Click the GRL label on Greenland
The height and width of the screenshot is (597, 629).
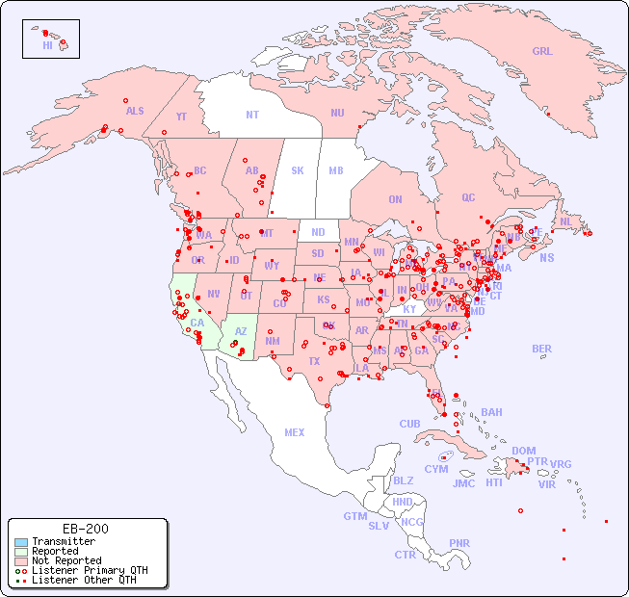pos(542,52)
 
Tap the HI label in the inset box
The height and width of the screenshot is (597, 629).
pos(47,45)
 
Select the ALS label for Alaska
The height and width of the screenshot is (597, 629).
pos(135,111)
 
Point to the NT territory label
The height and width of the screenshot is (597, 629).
pos(252,115)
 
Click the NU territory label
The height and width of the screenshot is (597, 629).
pos(337,113)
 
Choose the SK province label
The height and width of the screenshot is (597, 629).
pos(298,170)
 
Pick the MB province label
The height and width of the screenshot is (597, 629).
pos(336,170)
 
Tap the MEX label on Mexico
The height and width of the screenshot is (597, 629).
pos(295,432)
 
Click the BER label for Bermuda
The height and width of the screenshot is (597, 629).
pos(542,349)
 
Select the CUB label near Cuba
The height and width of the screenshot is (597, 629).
pos(409,424)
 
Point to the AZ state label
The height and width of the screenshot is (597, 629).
pos(241,331)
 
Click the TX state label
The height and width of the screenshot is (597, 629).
pos(314,361)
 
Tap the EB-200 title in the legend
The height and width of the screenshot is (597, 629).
pos(86,529)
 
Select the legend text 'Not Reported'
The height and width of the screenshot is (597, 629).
pos(66,560)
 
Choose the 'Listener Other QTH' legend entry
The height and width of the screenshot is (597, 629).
pos(83,580)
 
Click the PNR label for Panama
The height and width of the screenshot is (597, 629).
pos(459,543)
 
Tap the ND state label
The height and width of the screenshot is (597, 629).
pos(318,232)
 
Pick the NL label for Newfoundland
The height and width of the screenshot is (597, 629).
pos(565,221)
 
